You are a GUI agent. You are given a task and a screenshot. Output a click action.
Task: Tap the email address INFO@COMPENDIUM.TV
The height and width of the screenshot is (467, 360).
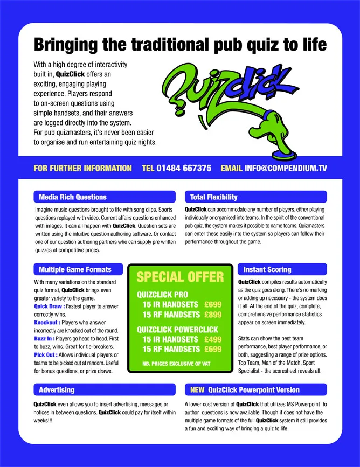pyautogui.click(x=286, y=168)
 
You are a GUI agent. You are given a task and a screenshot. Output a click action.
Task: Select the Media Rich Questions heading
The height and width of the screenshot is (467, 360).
pyautogui.click(x=73, y=197)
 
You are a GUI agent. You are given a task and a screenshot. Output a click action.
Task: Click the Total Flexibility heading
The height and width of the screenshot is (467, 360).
pyautogui.click(x=214, y=197)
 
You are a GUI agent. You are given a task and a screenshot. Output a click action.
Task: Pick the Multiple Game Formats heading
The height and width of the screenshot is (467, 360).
pyautogui.click(x=75, y=269)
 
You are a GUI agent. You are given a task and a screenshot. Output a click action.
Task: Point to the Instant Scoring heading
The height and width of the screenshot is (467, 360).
pyautogui.click(x=267, y=269)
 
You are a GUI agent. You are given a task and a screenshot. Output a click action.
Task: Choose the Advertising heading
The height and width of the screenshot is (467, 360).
pyautogui.click(x=57, y=389)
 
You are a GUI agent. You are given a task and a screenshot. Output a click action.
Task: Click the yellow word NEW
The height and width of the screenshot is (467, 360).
pyautogui.click(x=197, y=389)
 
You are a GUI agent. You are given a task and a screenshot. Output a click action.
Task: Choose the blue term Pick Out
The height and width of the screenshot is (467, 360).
pyautogui.click(x=46, y=355)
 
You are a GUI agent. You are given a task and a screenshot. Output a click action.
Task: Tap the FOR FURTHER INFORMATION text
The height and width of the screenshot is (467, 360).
pyautogui.click(x=82, y=168)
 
